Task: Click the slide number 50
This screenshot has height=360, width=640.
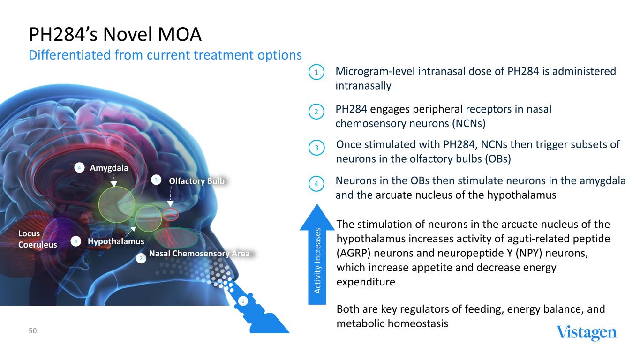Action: point(32,331)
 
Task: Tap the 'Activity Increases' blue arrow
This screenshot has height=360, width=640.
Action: point(317,254)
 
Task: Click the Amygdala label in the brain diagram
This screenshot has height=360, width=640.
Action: point(109,168)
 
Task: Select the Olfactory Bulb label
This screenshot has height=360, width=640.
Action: point(196,181)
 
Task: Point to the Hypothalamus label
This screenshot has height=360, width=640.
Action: point(116,241)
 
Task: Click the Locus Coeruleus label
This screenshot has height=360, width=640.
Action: point(38,239)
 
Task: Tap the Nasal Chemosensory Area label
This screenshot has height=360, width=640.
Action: point(199,254)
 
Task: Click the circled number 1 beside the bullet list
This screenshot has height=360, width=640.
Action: point(316,72)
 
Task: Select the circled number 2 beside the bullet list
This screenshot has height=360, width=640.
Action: point(316,112)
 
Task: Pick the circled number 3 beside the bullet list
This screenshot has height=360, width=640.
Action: point(316,148)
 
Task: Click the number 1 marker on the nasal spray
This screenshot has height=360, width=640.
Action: point(243,301)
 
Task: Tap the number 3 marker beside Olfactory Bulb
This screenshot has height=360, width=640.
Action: point(156,180)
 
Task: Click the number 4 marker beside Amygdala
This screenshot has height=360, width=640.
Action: point(79,168)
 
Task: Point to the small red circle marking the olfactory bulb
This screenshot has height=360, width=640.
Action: point(171,214)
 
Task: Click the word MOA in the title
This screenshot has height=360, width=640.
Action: point(180,35)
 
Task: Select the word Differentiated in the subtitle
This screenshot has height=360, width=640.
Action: point(69,55)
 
